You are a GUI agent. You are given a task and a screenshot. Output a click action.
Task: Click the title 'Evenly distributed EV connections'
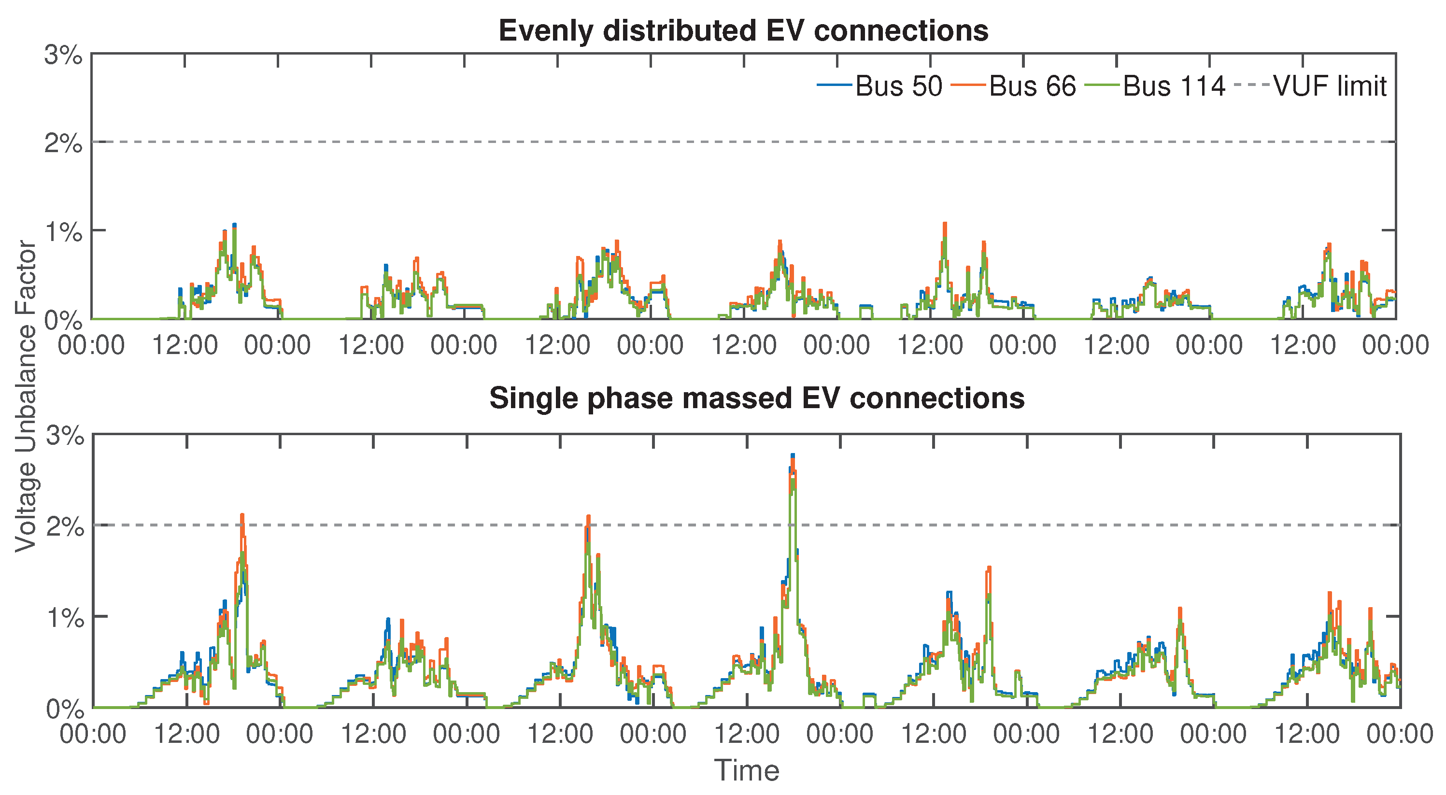coord(743,31)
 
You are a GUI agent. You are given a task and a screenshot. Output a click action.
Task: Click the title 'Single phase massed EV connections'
coord(757,398)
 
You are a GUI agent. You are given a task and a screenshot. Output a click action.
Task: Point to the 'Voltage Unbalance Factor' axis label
coord(25,396)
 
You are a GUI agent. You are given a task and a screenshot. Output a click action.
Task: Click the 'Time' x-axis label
coord(747,770)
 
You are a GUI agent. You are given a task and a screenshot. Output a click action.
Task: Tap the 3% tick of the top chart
coord(63,56)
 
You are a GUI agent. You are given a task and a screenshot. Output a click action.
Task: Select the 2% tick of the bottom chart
coord(65,526)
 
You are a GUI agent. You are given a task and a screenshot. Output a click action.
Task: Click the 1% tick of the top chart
coord(63,232)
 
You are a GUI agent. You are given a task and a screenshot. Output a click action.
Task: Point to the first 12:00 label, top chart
coord(184,345)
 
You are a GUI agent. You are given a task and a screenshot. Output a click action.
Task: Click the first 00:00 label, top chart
coord(91,345)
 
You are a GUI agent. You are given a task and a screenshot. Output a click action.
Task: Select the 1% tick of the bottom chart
coord(65,618)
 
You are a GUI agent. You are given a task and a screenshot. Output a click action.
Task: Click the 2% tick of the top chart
coord(63,144)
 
